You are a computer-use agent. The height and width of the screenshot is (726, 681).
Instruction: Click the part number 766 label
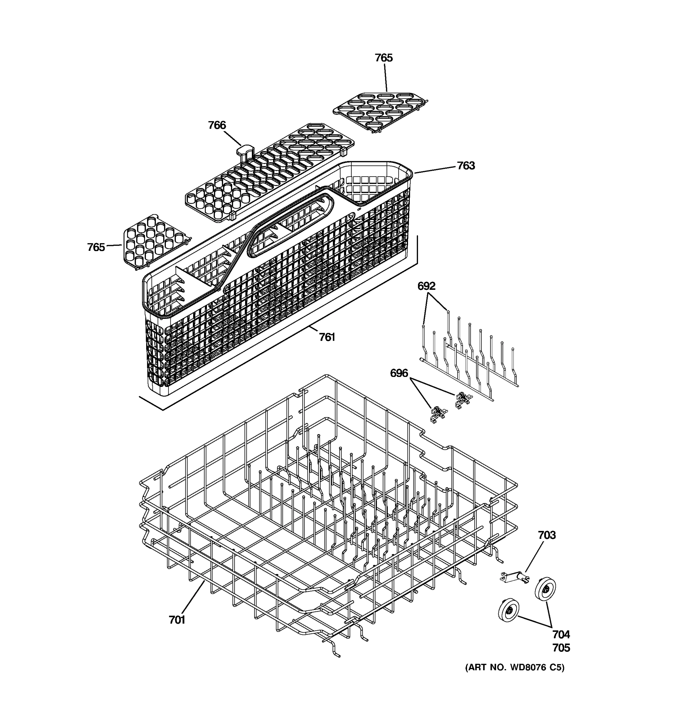coord(217,125)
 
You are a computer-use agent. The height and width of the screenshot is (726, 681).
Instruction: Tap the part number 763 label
coord(466,166)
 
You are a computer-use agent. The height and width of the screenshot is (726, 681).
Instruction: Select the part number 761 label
coord(327,337)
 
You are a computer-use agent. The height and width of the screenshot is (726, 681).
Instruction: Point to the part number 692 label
coord(426,286)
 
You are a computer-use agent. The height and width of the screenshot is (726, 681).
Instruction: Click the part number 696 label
coord(399,373)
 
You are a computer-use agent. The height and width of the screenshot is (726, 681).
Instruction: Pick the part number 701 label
coord(177,620)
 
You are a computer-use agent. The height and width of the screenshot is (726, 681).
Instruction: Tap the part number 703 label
coord(547,535)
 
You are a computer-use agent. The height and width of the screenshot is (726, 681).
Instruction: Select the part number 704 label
coord(561,634)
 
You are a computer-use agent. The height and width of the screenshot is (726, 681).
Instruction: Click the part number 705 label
coord(561,648)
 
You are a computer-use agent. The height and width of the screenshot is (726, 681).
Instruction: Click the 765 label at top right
coord(383,58)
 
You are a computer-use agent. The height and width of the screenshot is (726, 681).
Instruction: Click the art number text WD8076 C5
coord(515,668)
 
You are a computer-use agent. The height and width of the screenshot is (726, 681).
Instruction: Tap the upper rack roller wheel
coord(545,589)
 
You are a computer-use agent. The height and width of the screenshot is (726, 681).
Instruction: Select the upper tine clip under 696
coord(463,400)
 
